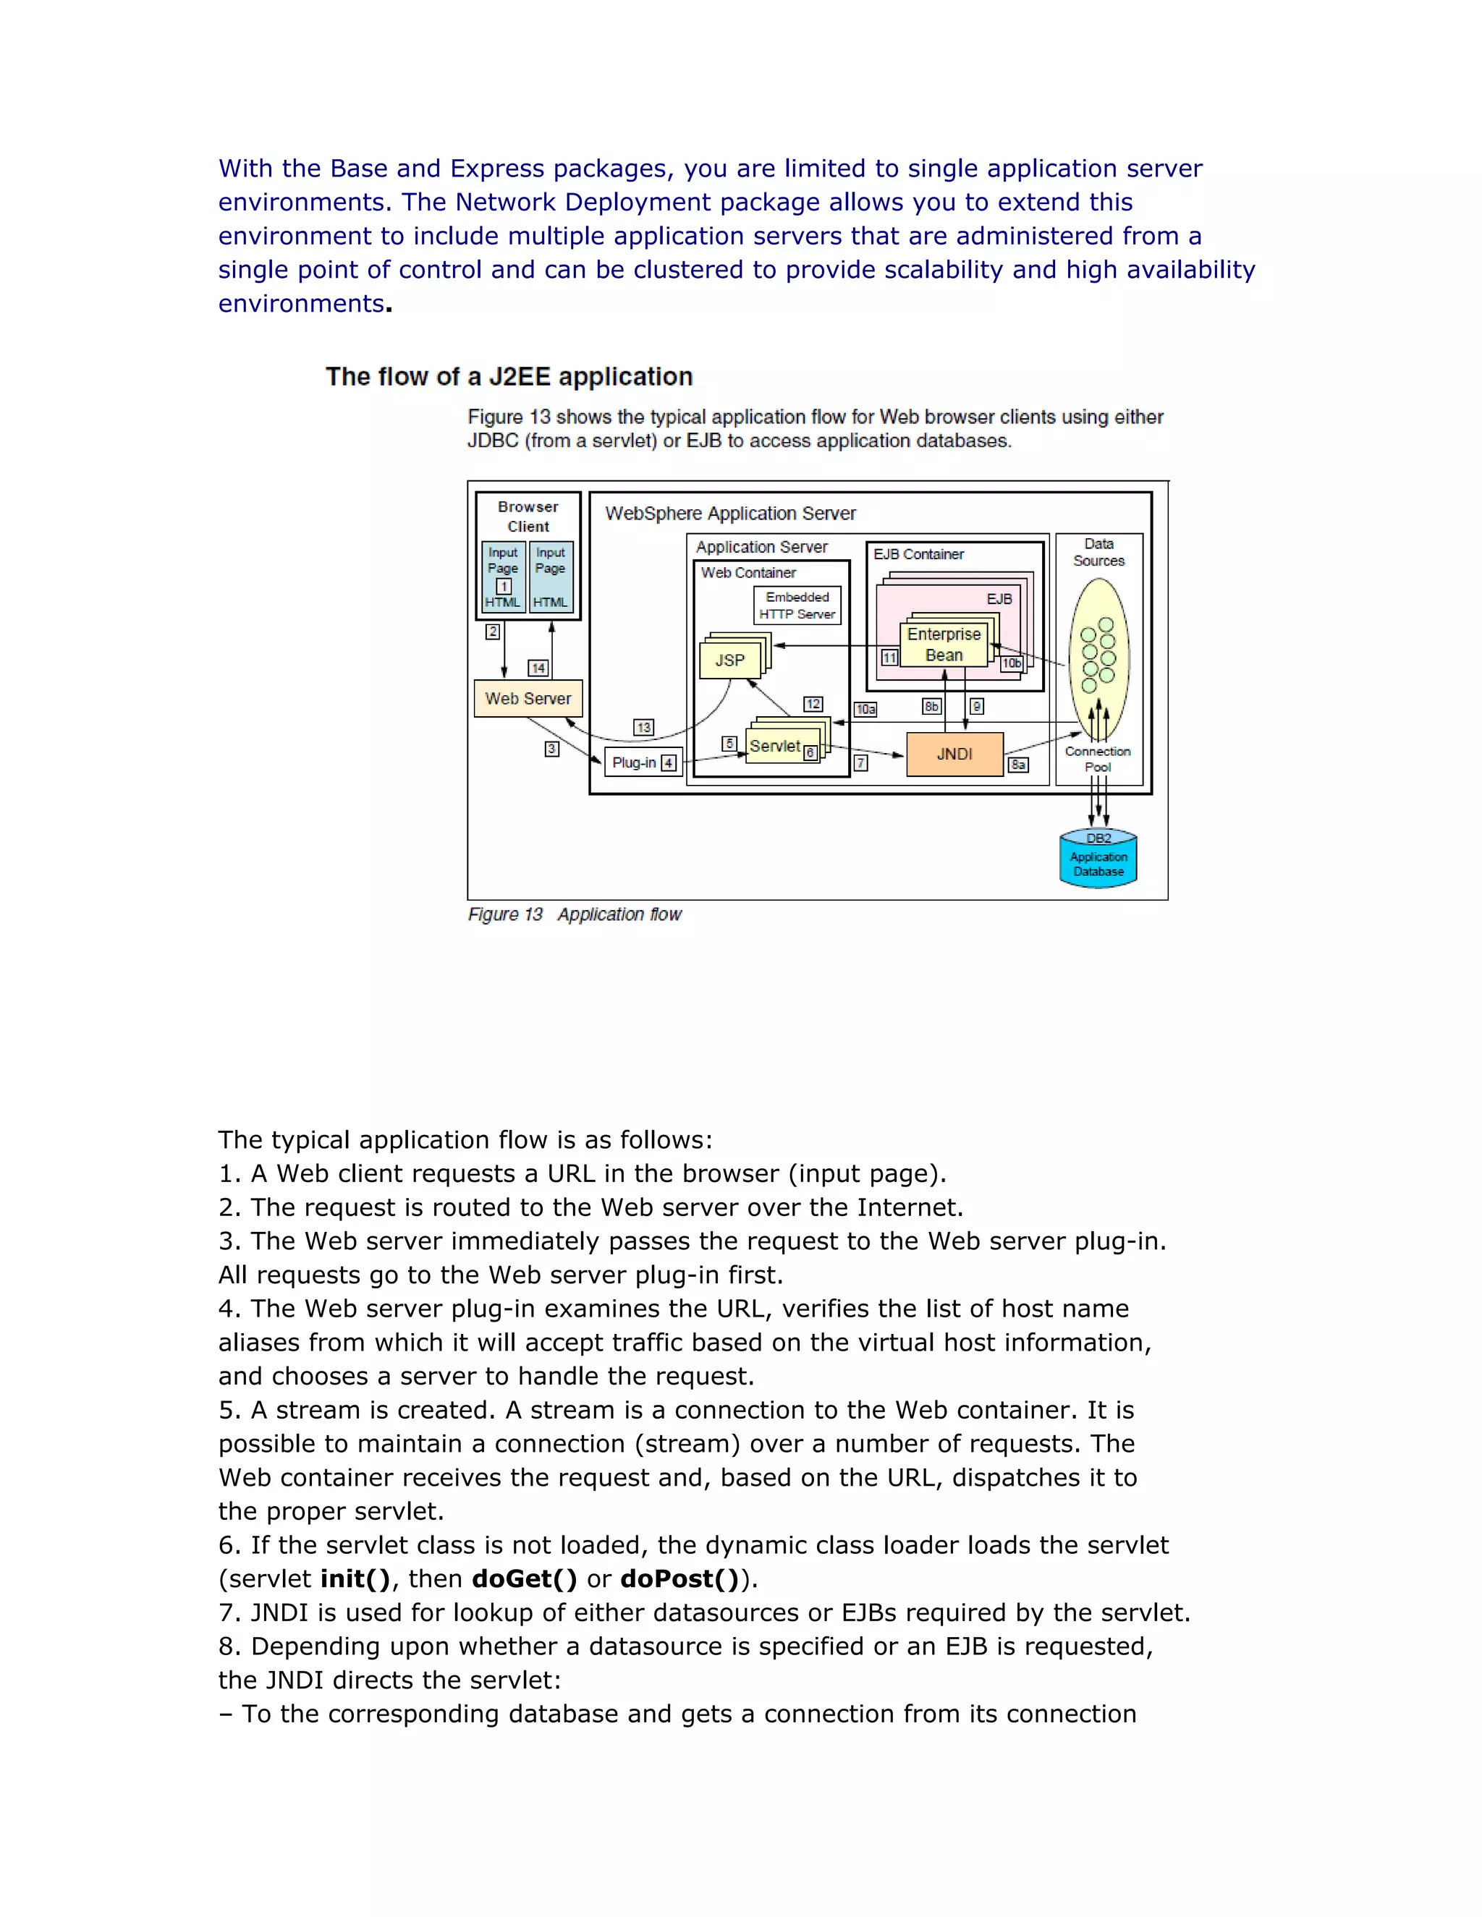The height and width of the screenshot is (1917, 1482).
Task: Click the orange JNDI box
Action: tap(954, 754)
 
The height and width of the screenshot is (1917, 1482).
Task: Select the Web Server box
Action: tap(528, 699)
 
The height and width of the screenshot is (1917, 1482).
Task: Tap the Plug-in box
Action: tap(643, 762)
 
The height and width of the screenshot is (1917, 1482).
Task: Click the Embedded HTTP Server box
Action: tap(797, 605)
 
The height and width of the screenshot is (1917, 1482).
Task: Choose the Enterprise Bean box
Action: tap(944, 645)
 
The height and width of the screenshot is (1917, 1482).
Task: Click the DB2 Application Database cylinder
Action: tap(1098, 859)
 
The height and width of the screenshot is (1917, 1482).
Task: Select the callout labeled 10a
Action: tap(865, 709)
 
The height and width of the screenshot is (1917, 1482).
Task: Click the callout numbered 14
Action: tap(538, 668)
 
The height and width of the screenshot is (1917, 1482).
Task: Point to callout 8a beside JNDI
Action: tap(1017, 765)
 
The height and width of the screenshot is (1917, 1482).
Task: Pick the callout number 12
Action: tap(813, 704)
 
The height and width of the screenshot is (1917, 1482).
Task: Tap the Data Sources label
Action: tap(1098, 552)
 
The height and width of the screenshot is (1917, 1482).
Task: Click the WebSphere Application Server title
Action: tap(730, 514)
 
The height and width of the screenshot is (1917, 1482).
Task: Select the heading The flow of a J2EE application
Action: tap(509, 377)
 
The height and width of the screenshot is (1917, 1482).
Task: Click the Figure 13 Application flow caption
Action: tap(574, 914)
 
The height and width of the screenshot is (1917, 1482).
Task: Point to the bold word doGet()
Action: tap(524, 1579)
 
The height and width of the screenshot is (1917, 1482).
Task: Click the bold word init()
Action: tap(355, 1579)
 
